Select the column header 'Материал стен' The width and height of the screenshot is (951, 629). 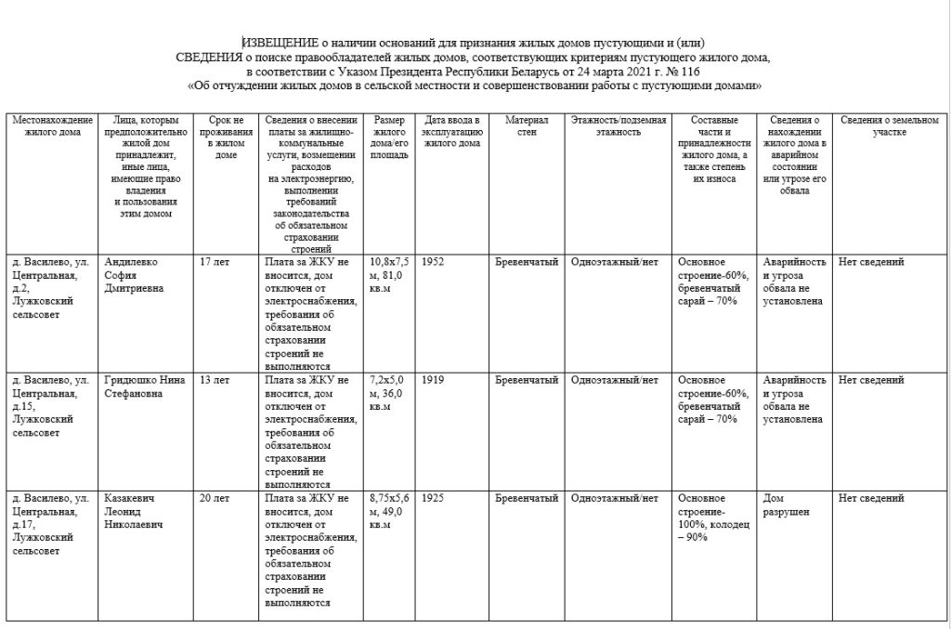pyautogui.click(x=527, y=125)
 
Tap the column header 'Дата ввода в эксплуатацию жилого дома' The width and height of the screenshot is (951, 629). pyautogui.click(x=452, y=132)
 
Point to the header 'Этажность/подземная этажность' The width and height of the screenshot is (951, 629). pyautogui.click(x=619, y=125)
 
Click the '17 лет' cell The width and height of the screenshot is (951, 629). pyautogui.click(x=215, y=262)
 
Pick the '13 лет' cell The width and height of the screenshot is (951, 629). pyautogui.click(x=215, y=380)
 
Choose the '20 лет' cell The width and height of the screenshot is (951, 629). pyautogui.click(x=215, y=498)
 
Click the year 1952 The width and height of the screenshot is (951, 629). pyautogui.click(x=433, y=262)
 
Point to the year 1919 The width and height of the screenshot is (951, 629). pyautogui.click(x=433, y=380)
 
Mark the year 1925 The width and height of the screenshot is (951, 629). pyautogui.click(x=433, y=498)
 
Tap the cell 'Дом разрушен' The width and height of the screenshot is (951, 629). pyautogui.click(x=784, y=505)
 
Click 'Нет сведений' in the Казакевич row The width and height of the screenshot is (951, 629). pyautogui.click(x=870, y=498)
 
